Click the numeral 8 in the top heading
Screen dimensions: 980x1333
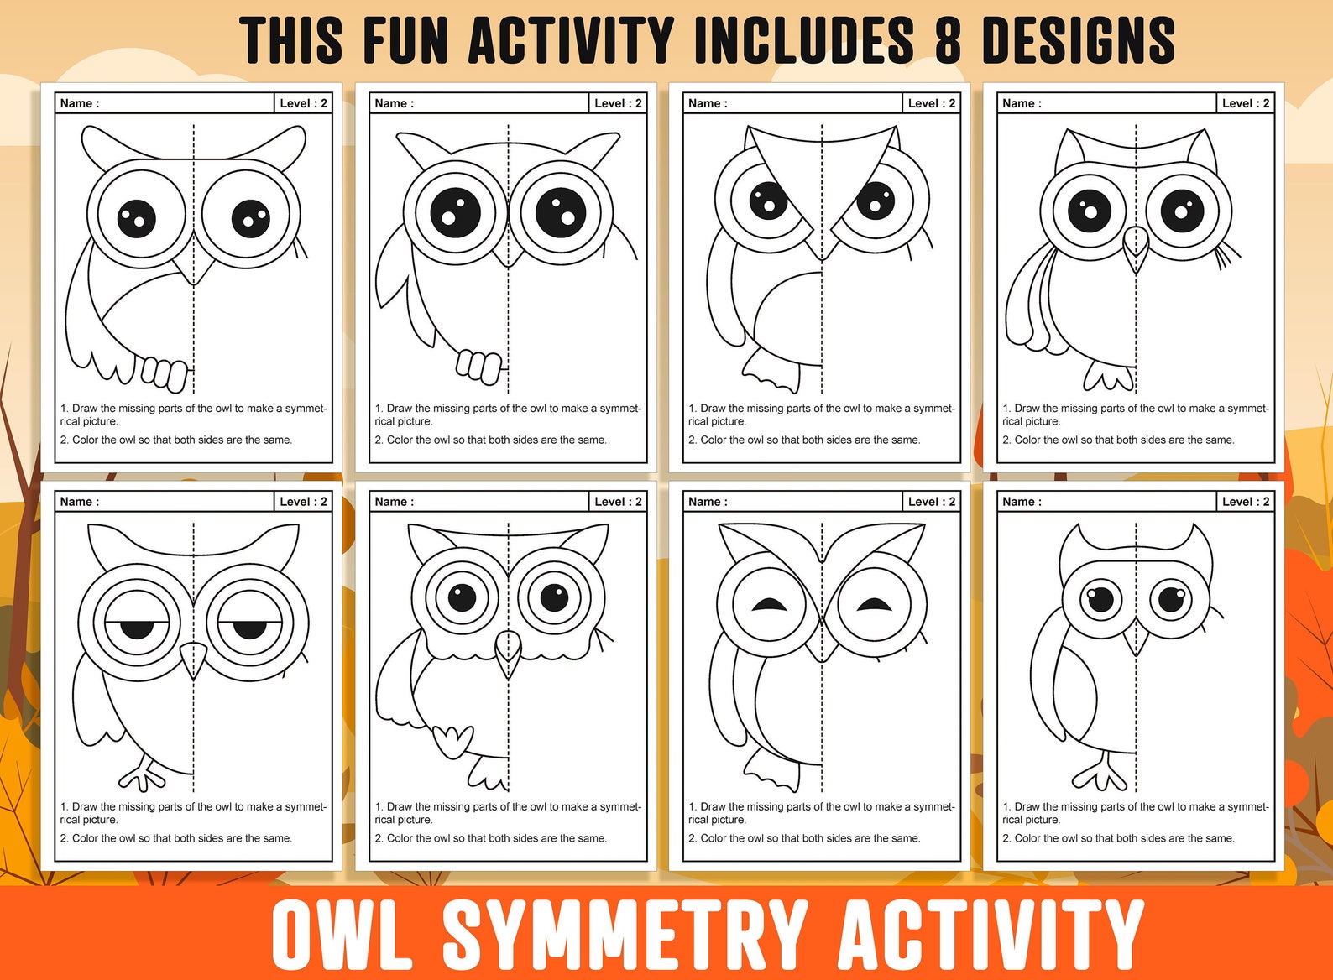tap(948, 40)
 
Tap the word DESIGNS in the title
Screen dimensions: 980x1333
tap(1078, 40)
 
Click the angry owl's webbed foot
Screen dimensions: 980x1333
tap(769, 371)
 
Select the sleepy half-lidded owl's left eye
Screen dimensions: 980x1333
tap(137, 625)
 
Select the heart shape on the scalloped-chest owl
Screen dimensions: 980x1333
tap(453, 741)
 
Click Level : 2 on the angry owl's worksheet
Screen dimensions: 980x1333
tap(931, 103)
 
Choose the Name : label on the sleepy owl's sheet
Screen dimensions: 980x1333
tap(80, 502)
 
